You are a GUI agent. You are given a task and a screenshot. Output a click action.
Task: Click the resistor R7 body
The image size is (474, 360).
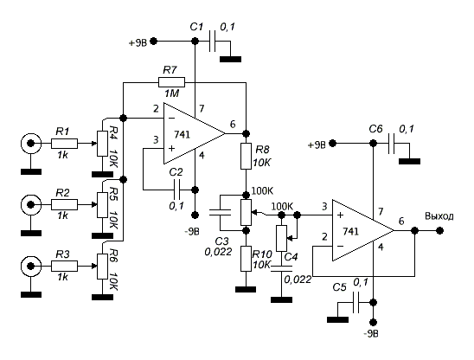[171, 82]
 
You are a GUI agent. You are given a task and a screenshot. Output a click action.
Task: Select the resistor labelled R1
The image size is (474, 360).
[64, 144]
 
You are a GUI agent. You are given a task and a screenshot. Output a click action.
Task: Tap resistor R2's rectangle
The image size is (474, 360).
[64, 205]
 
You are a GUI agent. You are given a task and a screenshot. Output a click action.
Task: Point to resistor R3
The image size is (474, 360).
[64, 267]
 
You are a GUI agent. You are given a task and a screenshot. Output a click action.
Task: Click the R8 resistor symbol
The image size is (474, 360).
[246, 156]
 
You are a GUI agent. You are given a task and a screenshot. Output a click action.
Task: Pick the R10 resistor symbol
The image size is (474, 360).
[246, 259]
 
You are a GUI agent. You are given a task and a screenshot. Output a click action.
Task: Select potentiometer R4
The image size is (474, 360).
[102, 144]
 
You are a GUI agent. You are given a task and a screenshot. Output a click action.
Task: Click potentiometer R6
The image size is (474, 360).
[102, 267]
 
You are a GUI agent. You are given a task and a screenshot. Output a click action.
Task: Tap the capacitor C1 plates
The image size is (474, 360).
[213, 41]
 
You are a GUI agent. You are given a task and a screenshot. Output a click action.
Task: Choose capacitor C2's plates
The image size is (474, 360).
[176, 190]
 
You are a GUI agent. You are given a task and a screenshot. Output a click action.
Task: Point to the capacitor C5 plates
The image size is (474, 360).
[355, 302]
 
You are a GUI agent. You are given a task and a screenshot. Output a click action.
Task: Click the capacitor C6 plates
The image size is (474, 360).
[392, 143]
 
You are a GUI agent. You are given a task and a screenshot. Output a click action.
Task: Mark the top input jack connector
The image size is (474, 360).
[30, 143]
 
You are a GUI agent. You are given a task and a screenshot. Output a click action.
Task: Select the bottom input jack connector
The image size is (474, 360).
[30, 267]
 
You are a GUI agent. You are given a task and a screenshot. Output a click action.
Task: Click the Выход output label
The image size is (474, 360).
[439, 216]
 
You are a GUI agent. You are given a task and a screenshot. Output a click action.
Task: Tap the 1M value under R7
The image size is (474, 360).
[172, 93]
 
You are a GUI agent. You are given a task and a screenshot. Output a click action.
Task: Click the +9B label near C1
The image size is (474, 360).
[138, 43]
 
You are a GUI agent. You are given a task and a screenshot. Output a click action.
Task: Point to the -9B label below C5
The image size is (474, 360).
[371, 334]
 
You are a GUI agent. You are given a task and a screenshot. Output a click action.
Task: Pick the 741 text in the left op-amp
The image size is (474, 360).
[182, 134]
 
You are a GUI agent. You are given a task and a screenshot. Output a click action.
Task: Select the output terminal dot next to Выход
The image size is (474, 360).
[440, 230]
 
